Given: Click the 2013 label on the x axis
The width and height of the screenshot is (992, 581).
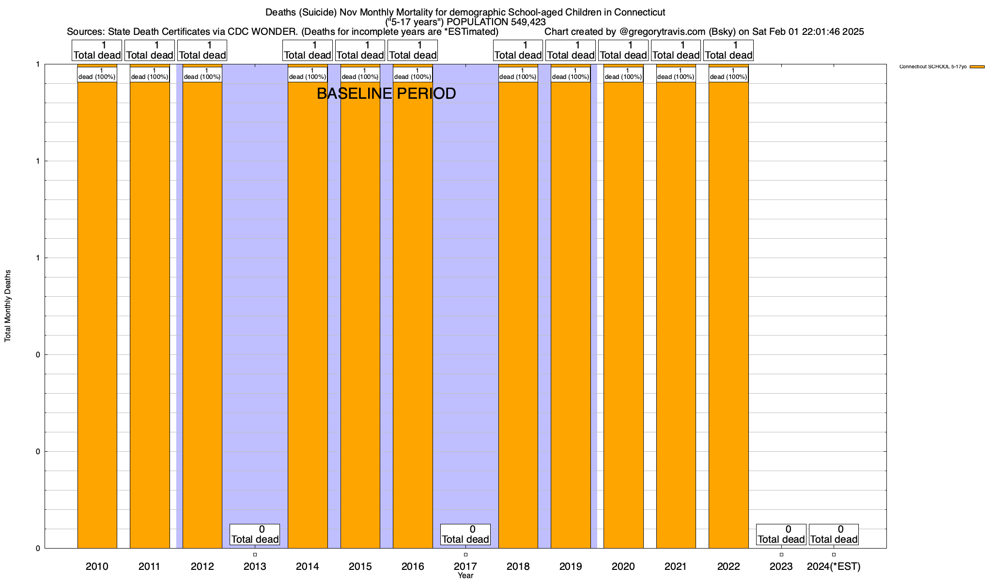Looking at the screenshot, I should [x=255, y=566].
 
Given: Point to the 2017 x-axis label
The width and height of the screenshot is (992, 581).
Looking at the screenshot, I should [x=465, y=566].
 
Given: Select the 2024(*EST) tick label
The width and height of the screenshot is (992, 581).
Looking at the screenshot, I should [x=834, y=566].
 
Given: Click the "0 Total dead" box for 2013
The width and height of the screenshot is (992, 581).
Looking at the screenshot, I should [x=255, y=535].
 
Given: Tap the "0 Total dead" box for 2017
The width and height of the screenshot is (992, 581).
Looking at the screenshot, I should [x=465, y=535].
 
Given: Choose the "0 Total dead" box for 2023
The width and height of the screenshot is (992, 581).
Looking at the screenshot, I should [x=781, y=535].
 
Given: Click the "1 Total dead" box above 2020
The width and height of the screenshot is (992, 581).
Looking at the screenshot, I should [x=623, y=50].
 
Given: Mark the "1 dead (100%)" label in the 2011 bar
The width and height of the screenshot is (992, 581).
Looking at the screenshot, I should [x=150, y=74].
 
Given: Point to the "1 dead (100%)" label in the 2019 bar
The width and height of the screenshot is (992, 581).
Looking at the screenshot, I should [x=571, y=74].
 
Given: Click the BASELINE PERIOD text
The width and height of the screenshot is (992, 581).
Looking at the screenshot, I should [x=386, y=93].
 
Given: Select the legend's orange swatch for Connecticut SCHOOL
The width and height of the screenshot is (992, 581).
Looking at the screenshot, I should [x=977, y=67].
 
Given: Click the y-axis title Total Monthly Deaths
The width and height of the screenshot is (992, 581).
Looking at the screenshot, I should [x=8, y=306].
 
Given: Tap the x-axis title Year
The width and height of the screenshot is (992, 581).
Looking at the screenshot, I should [x=465, y=576].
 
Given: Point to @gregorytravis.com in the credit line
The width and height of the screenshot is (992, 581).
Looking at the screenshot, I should [x=662, y=32].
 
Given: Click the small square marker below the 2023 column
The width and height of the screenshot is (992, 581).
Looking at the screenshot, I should [x=781, y=555].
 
